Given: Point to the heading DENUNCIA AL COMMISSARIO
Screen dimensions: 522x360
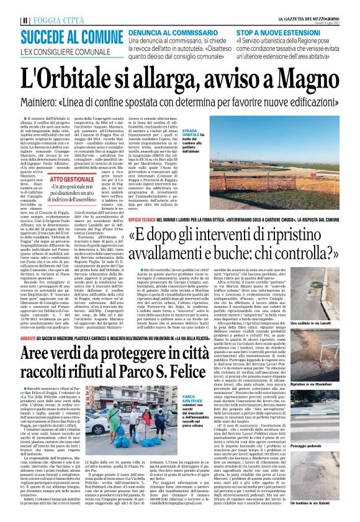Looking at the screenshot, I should point(171,30).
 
